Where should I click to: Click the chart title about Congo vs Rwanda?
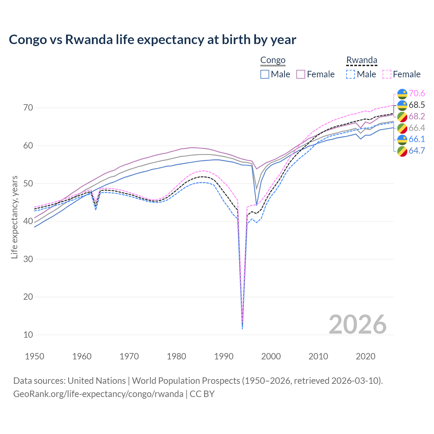[x=153, y=40]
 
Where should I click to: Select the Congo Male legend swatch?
[x=265, y=74]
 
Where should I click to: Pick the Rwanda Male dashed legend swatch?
[x=351, y=74]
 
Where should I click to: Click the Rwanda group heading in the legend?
[x=361, y=60]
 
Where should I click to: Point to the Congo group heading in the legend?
[x=273, y=60]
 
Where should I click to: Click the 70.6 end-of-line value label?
[x=417, y=93]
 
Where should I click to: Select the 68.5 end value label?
[x=417, y=105]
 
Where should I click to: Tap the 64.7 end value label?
[x=417, y=151]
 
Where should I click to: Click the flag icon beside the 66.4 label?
[x=402, y=128]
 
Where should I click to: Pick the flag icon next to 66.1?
[x=402, y=139]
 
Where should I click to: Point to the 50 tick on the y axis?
[x=28, y=183]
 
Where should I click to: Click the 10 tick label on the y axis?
[x=28, y=335]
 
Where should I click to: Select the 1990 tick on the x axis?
[x=224, y=356]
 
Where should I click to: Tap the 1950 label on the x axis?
[x=35, y=356]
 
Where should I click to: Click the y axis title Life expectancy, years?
[x=14, y=217]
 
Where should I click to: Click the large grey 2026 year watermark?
[x=357, y=324]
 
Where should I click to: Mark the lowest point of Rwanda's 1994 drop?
[x=242, y=328]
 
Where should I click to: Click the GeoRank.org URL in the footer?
[x=98, y=394]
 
